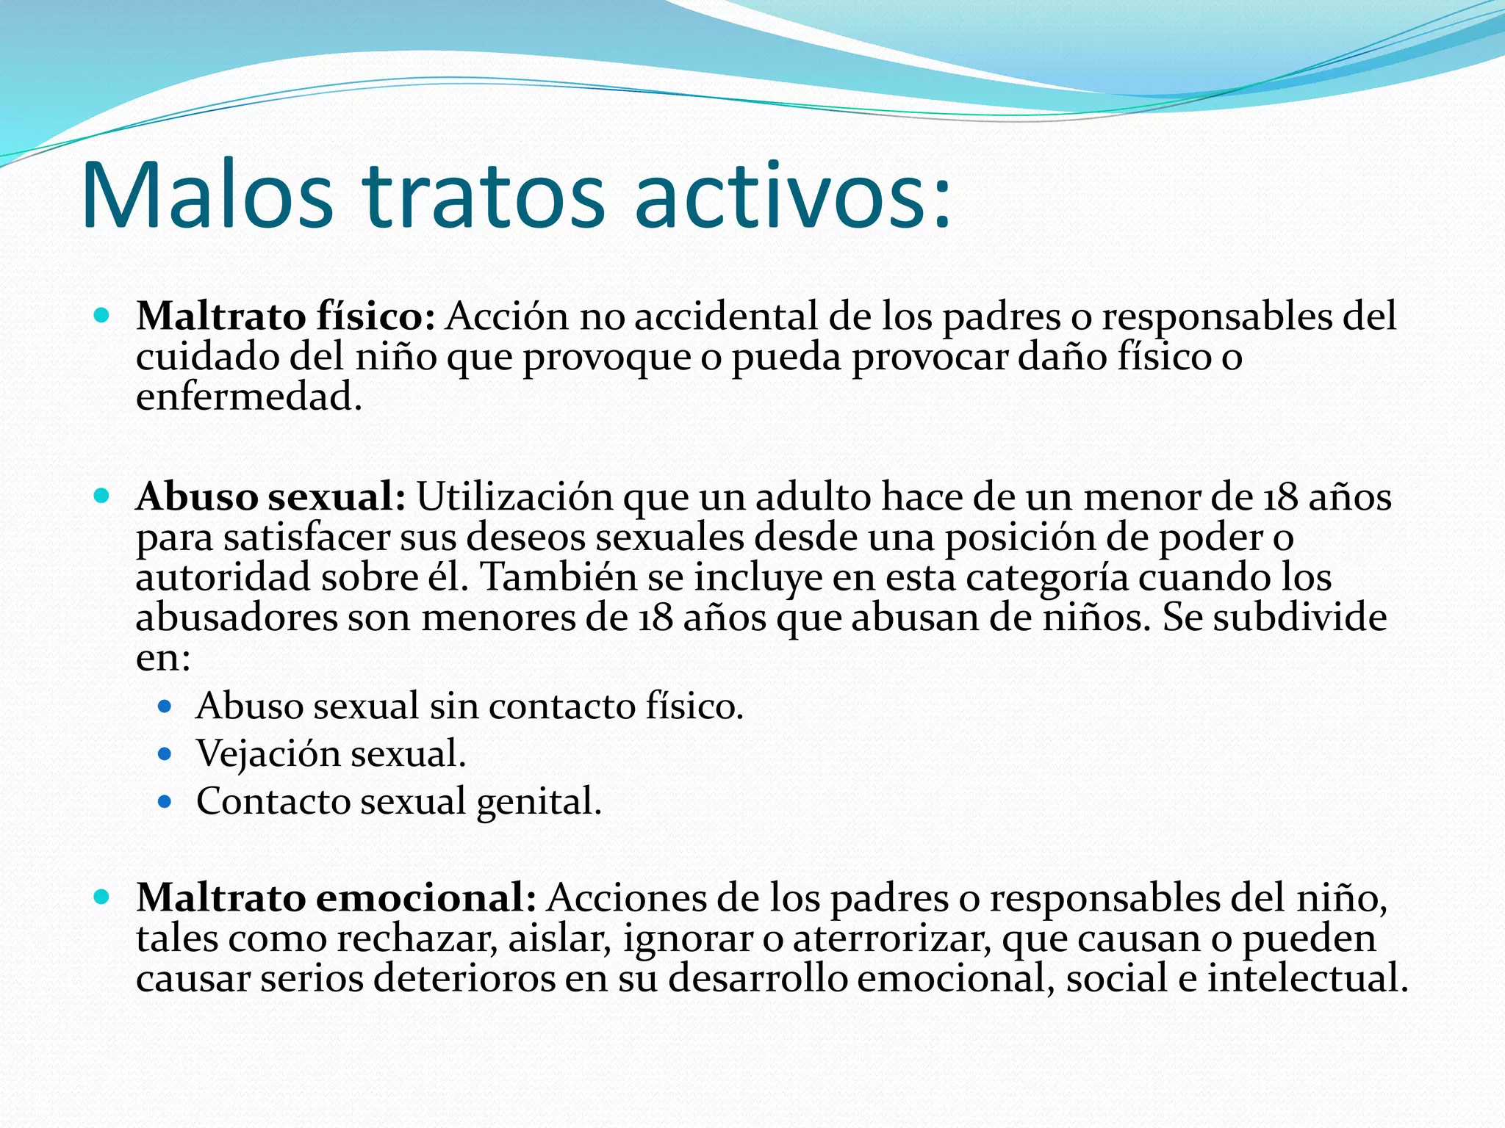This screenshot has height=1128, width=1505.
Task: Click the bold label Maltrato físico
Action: tap(285, 317)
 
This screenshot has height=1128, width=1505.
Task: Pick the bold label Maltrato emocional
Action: tap(336, 898)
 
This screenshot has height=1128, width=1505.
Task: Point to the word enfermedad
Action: tap(248, 397)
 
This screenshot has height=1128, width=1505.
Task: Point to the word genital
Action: tap(539, 801)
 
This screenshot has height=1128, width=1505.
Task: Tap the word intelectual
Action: tap(1307, 979)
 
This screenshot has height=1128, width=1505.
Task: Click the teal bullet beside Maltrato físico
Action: tap(102, 317)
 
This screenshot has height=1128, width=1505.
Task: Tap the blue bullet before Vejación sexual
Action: tap(165, 754)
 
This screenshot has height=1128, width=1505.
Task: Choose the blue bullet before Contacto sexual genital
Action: tap(165, 801)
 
